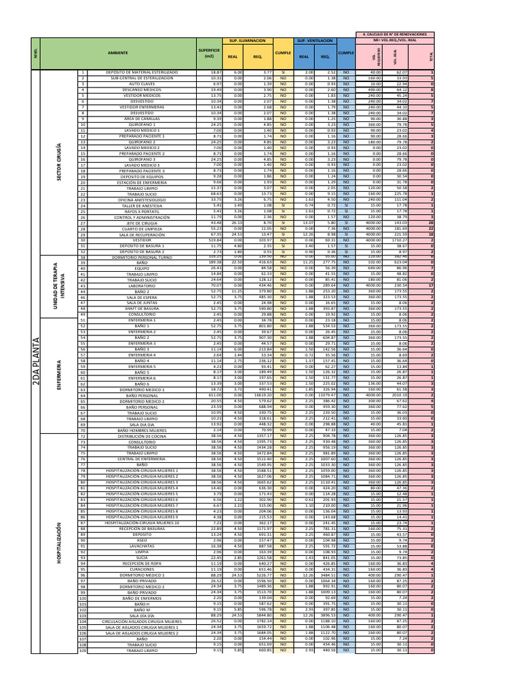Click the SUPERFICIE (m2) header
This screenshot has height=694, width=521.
209,52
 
